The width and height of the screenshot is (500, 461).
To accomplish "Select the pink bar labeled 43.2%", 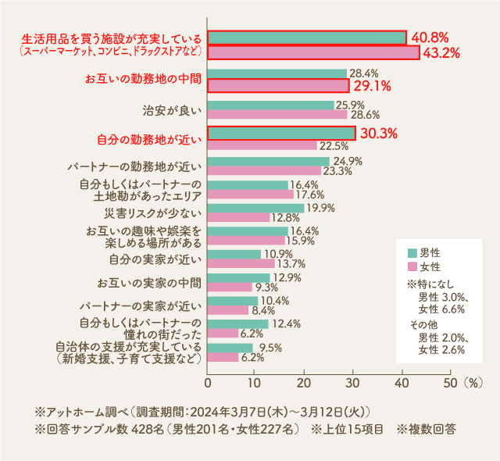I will pos(313,52).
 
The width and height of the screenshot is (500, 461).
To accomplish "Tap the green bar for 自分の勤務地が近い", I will pos(281,134).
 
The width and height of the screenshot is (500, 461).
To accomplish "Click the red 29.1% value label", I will pos(372,86).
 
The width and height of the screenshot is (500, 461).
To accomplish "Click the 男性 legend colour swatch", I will pos(412,253).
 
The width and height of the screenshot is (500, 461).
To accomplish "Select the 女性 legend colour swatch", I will pos(412,267).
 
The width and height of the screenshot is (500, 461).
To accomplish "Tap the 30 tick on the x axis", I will pos(353,384).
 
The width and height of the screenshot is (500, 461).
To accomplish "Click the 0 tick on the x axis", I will pos(208,384).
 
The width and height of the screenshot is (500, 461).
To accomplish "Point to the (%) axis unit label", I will pos(474,384).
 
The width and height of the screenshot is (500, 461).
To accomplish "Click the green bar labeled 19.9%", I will pos(255,208).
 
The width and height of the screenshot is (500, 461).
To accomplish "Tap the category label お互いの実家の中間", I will pos(149,282).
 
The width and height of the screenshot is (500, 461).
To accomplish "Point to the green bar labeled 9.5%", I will pos(230,347).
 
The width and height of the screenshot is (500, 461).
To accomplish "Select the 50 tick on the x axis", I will pos(449,384).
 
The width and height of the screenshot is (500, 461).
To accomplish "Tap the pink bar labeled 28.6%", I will pos(277,114).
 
